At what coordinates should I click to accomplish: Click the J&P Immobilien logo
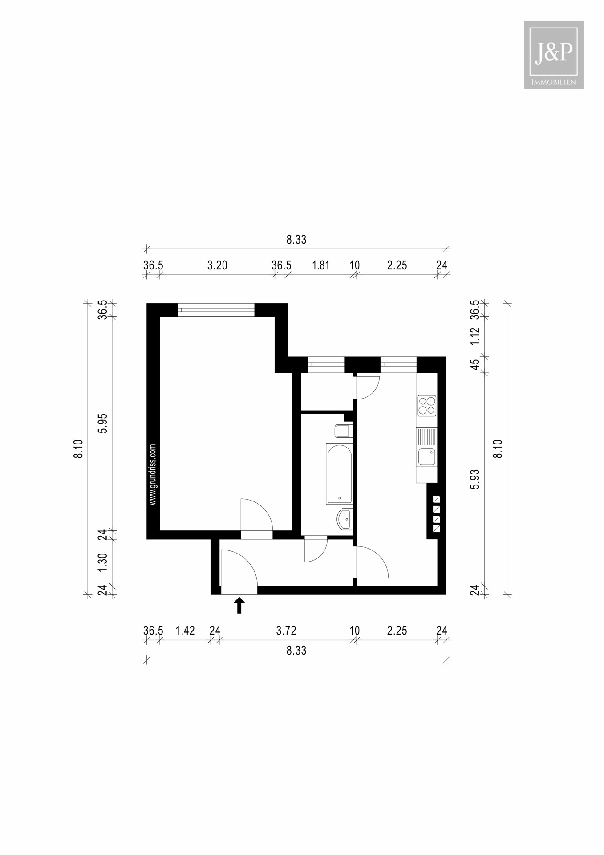click(553, 55)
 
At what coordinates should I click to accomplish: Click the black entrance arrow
click(239, 605)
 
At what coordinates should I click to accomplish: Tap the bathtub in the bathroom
click(339, 474)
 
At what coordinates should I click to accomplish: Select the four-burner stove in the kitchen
click(426, 406)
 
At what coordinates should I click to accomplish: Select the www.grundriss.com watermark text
click(153, 474)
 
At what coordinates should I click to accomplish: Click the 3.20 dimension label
click(217, 265)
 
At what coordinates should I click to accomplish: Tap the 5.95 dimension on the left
click(103, 423)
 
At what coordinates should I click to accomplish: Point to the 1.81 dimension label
click(320, 265)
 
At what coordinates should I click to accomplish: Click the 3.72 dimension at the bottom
click(286, 631)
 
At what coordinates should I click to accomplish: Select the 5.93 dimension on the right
click(475, 479)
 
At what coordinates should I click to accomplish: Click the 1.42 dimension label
click(185, 631)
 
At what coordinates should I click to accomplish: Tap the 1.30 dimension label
click(103, 562)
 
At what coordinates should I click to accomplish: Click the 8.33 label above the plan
click(296, 240)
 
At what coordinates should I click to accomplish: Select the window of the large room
click(216, 310)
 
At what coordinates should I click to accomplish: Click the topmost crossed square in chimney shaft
click(436, 499)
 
